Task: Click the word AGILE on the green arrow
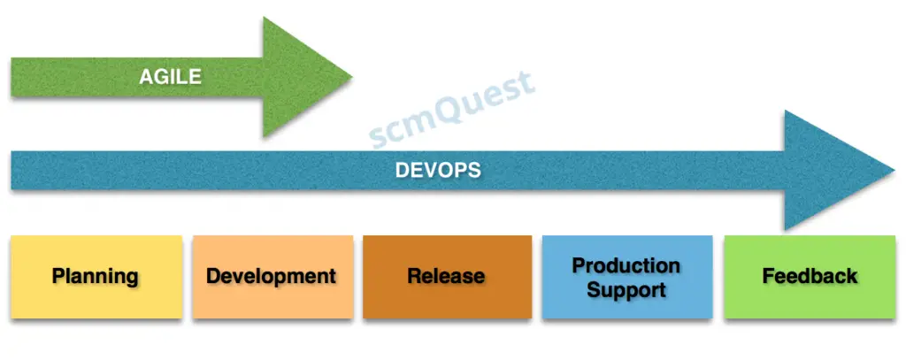tap(170, 77)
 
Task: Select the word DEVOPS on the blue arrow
tap(437, 170)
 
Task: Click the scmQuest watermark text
tap(452, 110)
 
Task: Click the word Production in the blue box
tap(626, 265)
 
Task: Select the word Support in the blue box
tap(626, 289)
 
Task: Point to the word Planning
tap(96, 276)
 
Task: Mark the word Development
tap(271, 276)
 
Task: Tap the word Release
tap(446, 276)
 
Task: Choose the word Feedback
tap(810, 276)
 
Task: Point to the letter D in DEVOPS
tap(401, 170)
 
